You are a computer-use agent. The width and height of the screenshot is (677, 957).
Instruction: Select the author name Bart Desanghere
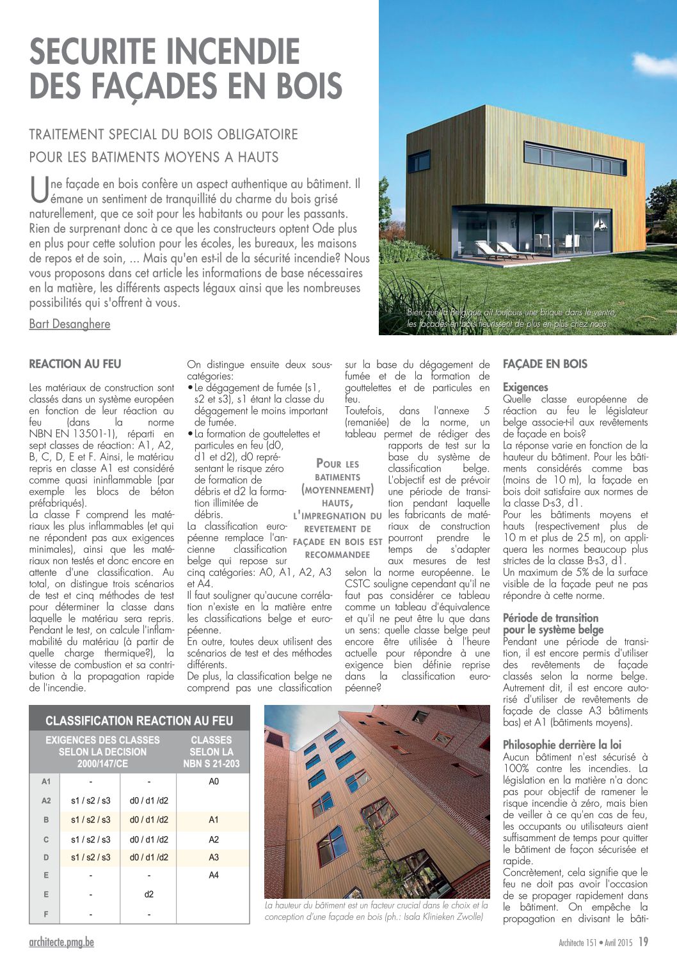click(x=70, y=324)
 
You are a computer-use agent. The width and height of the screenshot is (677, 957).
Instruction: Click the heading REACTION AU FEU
click(x=75, y=364)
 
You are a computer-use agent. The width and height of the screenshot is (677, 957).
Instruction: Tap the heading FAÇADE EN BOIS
click(x=545, y=364)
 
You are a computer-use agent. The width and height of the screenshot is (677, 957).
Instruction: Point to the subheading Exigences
click(x=525, y=387)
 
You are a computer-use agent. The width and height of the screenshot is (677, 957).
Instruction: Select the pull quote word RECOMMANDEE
click(x=337, y=555)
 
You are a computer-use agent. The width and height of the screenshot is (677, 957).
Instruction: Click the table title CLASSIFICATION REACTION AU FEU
click(x=139, y=720)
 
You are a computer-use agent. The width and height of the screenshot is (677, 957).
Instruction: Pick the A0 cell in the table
click(x=214, y=781)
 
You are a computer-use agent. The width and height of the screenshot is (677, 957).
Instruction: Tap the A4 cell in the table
click(x=214, y=874)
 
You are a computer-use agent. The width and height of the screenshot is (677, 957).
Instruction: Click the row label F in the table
click(x=46, y=914)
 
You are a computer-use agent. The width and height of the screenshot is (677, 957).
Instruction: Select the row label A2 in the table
click(x=46, y=800)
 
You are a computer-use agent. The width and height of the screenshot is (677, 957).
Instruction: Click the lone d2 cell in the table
click(x=149, y=894)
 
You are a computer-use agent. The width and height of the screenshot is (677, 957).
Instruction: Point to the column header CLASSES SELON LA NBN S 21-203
click(x=212, y=752)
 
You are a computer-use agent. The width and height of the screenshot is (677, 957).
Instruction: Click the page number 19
click(x=643, y=942)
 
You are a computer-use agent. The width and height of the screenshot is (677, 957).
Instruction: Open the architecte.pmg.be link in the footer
click(x=61, y=942)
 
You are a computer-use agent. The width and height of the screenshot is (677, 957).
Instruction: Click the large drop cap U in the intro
click(x=39, y=191)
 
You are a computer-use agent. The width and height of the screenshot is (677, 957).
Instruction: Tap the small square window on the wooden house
click(x=418, y=162)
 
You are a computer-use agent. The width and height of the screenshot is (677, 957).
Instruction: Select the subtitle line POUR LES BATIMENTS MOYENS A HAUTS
click(x=154, y=157)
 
